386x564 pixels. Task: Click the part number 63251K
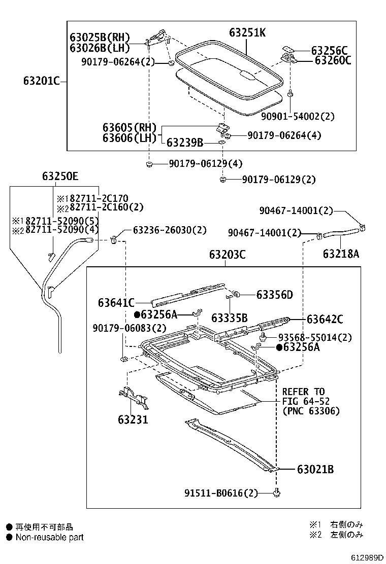coord(247,33)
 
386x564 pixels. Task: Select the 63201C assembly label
coord(41,81)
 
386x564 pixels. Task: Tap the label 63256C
coord(329,50)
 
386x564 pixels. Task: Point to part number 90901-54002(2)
coord(298,116)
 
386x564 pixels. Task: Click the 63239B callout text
coord(185,144)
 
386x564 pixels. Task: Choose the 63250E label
coord(60,176)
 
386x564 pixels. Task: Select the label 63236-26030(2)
coord(170,230)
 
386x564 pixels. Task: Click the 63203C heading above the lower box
coord(227,255)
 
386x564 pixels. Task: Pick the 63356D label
coord(274,295)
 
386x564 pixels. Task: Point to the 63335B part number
coord(230,318)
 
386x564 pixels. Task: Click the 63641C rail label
coord(116,303)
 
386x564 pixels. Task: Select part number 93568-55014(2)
coord(315,337)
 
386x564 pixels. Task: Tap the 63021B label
coord(315,470)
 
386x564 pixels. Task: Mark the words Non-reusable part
coord(49,537)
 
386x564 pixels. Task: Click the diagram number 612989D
coord(364,557)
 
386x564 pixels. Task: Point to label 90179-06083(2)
coord(122,328)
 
